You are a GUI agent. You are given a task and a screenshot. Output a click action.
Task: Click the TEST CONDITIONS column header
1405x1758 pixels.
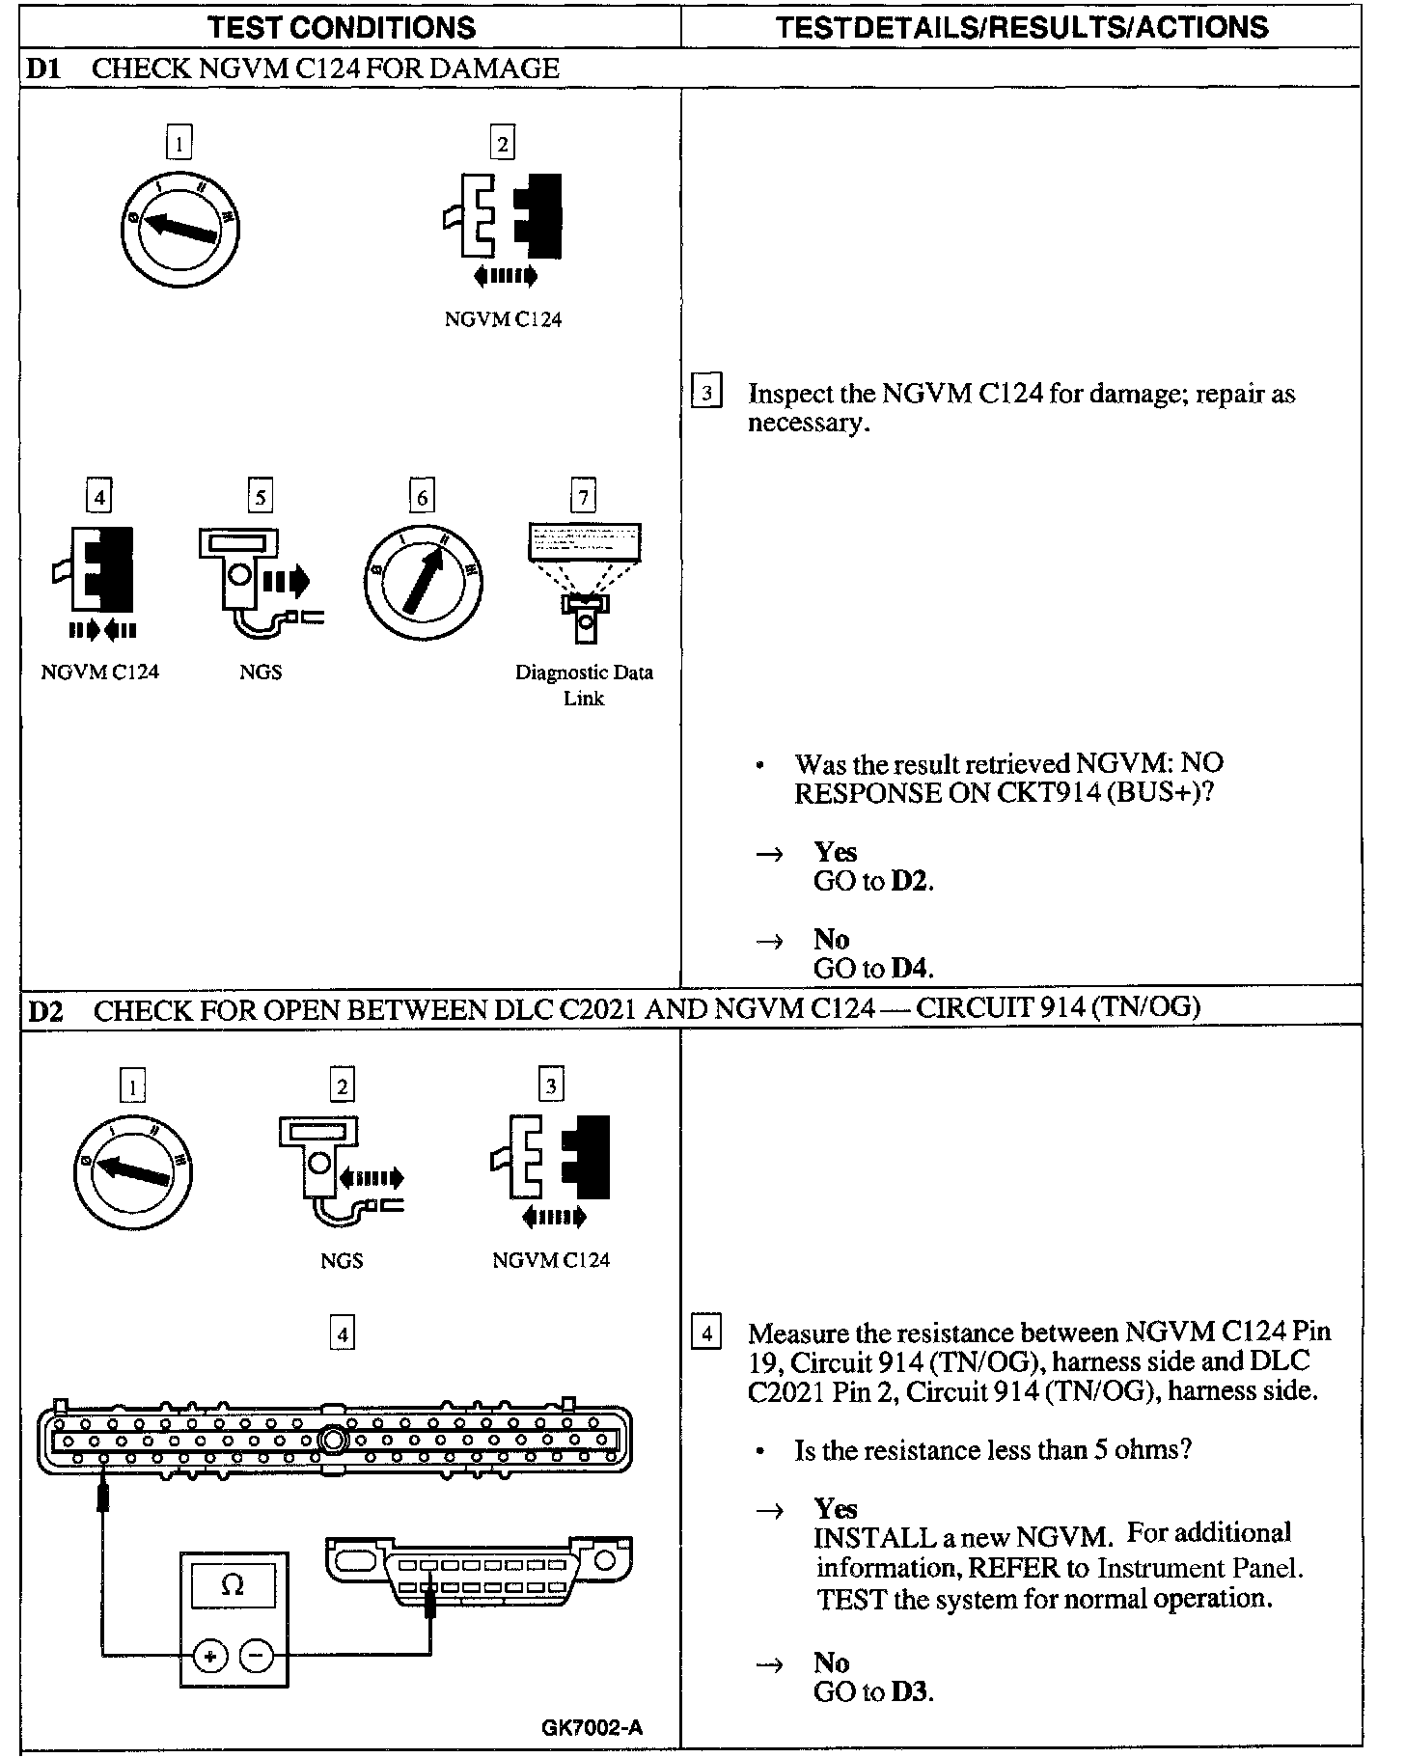[343, 27]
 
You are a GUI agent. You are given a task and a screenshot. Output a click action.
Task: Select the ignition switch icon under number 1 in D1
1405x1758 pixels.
[179, 229]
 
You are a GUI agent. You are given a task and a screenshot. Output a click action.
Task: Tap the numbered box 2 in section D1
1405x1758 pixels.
[502, 144]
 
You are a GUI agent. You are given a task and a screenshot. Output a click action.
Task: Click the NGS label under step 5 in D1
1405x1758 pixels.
[261, 673]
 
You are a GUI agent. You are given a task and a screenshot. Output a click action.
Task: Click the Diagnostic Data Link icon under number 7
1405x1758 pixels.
[584, 580]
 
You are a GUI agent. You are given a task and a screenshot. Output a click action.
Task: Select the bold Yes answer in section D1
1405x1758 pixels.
[835, 852]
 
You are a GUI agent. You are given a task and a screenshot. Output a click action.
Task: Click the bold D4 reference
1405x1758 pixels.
[910, 968]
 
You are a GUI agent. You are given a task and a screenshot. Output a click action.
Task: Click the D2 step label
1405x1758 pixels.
[44, 1011]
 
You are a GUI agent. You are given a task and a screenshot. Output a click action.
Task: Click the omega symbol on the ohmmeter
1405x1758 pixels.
[233, 1585]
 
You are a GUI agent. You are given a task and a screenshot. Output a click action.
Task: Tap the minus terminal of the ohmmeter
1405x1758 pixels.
[256, 1657]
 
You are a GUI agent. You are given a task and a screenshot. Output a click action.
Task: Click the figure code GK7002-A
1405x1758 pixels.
[592, 1727]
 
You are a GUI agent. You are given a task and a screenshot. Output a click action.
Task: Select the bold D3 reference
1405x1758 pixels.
[910, 1691]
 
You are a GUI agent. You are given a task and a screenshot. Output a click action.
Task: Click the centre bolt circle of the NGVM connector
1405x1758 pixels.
[333, 1440]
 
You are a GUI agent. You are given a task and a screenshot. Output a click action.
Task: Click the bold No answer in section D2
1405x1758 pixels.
[831, 1662]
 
